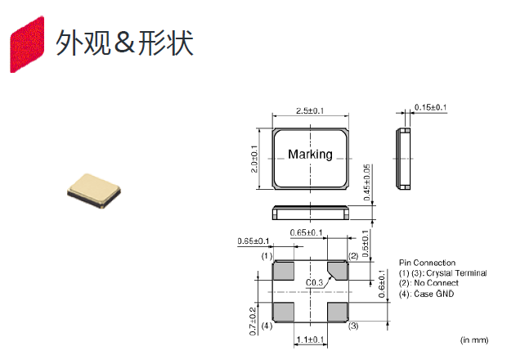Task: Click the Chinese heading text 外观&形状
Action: pos(124,43)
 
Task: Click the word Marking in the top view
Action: pos(311,155)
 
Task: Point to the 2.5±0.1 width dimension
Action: pos(311,110)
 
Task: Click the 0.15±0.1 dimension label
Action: pos(431,107)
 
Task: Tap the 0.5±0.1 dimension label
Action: pos(366,242)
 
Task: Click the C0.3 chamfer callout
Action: pos(315,282)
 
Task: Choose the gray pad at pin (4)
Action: pos(284,312)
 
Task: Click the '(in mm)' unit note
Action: pos(475,338)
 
